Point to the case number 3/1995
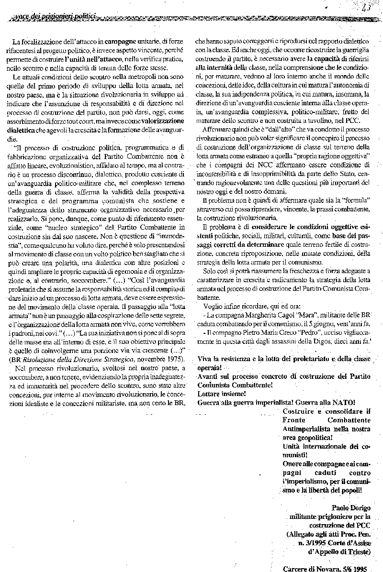click(308, 543)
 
